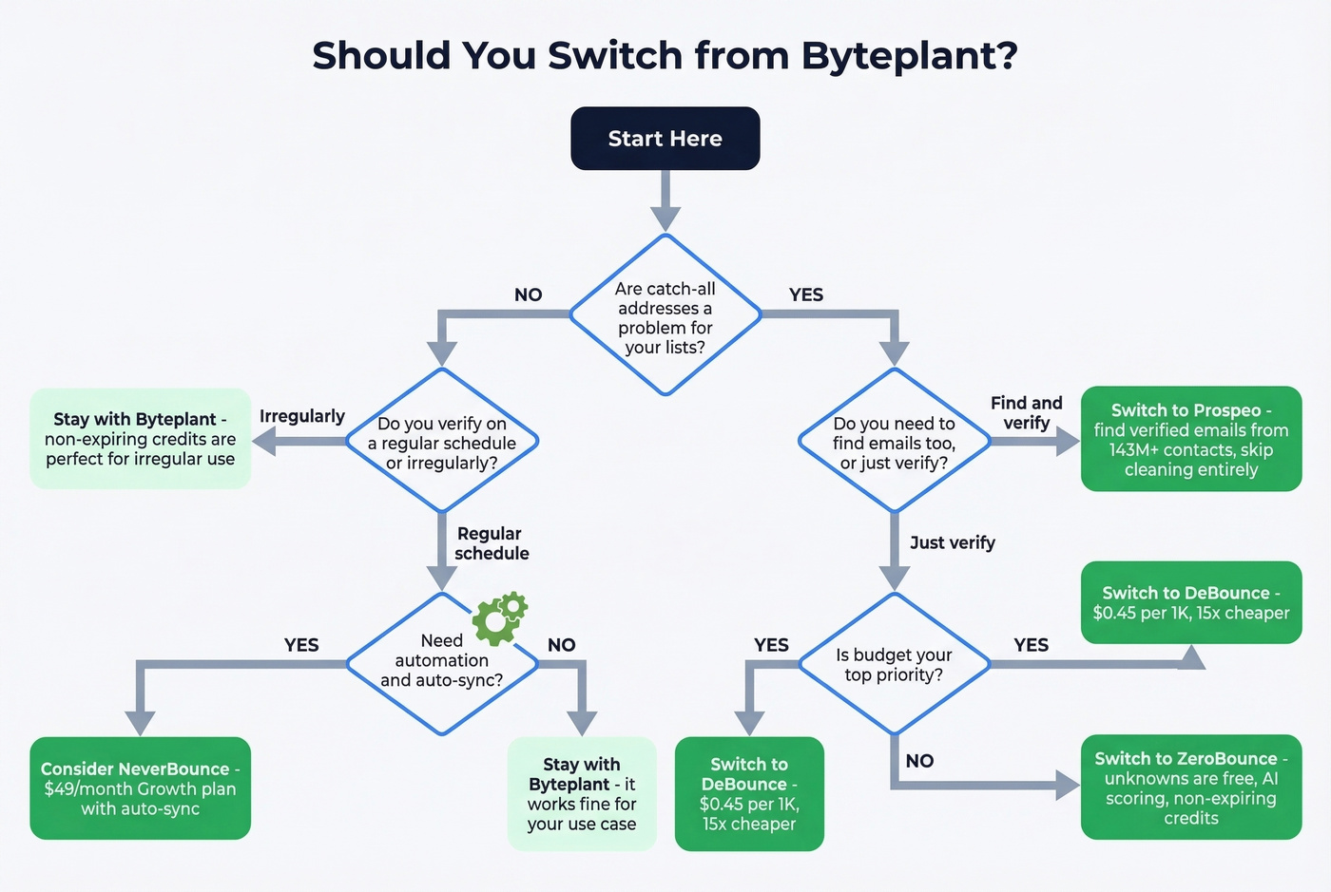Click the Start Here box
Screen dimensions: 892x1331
[665, 139]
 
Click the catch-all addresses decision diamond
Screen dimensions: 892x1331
[665, 316]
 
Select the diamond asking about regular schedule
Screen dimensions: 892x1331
[442, 443]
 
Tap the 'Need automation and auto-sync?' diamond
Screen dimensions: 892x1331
[442, 662]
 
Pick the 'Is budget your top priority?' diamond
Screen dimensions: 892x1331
[894, 664]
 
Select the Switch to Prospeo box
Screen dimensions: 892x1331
[1190, 439]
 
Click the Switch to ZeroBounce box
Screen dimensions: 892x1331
[1190, 788]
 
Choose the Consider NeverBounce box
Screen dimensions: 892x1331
[140, 788]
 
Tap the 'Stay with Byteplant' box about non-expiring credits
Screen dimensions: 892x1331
[140, 439]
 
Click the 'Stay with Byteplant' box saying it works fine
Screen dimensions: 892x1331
[582, 793]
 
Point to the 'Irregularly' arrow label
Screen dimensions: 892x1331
[301, 416]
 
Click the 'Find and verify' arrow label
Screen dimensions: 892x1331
[1026, 413]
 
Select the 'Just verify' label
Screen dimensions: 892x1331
[952, 542]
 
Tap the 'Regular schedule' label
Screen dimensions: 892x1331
[491, 543]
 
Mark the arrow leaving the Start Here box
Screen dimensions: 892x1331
[665, 202]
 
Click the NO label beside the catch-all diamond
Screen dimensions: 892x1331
[528, 294]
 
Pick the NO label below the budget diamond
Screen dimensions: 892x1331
[919, 761]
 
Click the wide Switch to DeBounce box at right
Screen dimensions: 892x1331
[1190, 602]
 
